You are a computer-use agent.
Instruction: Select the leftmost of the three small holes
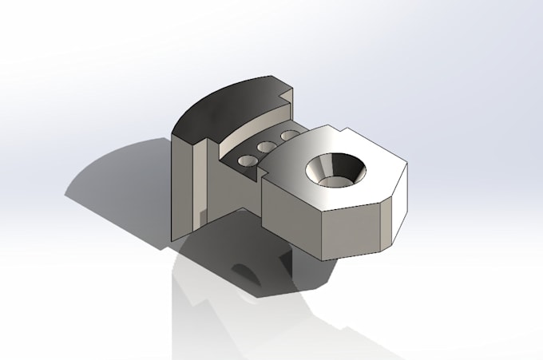[x=248, y=160]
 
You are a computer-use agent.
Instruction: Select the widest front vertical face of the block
[x=352, y=231]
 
